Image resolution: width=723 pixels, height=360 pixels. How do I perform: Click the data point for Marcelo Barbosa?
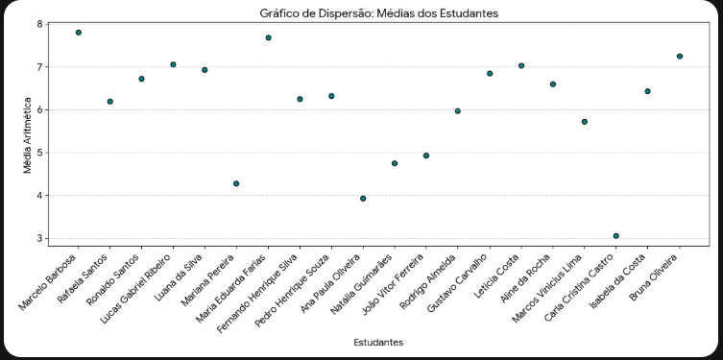(x=79, y=33)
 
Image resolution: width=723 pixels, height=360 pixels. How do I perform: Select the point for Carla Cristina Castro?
(x=616, y=236)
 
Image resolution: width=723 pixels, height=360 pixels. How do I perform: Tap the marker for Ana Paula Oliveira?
(x=363, y=199)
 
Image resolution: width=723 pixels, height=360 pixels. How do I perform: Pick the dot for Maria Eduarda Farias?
(x=268, y=37)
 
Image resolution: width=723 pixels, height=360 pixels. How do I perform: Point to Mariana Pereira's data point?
(x=236, y=183)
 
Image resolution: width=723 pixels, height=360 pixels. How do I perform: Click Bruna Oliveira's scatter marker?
(x=680, y=57)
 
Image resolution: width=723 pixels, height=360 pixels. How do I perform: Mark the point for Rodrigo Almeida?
(x=458, y=111)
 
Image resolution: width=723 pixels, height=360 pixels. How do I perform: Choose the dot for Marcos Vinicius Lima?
(x=585, y=122)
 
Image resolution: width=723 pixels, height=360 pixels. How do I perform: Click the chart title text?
(x=378, y=12)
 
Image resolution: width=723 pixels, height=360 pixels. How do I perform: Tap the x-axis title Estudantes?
(x=378, y=342)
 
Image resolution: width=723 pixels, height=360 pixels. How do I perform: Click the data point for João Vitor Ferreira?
(x=426, y=156)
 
